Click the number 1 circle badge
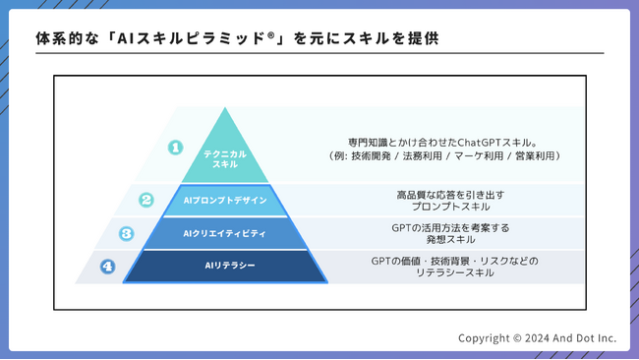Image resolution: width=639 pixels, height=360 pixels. point(175,148)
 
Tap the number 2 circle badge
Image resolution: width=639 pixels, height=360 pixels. point(146,200)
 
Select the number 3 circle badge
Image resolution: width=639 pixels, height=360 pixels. point(127,233)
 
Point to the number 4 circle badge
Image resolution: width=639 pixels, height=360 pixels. point(107,266)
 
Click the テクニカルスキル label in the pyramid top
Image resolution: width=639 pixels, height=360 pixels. point(225,159)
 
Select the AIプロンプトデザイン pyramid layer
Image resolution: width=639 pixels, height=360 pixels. point(225,200)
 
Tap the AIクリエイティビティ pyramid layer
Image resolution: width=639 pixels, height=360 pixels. point(225,233)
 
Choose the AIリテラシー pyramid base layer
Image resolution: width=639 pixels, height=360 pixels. point(225,266)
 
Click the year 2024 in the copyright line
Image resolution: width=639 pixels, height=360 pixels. point(542,338)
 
